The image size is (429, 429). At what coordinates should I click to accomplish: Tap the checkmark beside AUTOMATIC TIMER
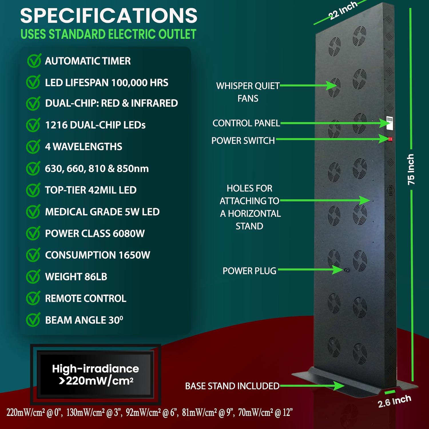tap(34, 61)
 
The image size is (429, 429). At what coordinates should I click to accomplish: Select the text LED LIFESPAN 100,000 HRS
tap(106, 83)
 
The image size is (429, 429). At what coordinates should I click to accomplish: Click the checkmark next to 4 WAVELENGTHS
tap(33, 147)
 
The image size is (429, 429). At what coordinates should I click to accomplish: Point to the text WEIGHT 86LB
tap(76, 277)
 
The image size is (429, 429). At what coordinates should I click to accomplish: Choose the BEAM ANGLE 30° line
tap(84, 320)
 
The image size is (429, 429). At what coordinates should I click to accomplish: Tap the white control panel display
tap(389, 123)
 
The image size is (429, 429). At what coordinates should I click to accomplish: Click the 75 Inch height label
tap(411, 169)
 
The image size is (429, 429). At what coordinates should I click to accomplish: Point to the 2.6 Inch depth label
tap(394, 401)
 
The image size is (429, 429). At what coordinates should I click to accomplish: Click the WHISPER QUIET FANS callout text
tap(248, 92)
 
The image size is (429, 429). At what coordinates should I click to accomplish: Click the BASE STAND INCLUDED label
tap(232, 386)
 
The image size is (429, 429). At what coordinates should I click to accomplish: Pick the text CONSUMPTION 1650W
tap(98, 255)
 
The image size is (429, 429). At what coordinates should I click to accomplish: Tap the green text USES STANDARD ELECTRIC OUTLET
tap(108, 34)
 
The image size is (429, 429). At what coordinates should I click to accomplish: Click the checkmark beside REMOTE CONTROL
tap(33, 299)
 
